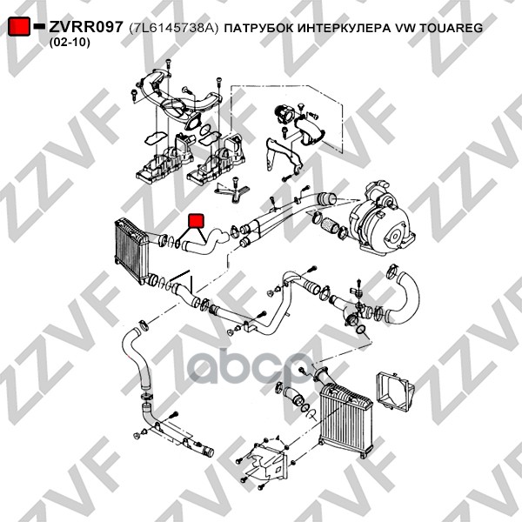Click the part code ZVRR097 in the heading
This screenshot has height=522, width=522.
[x=86, y=27]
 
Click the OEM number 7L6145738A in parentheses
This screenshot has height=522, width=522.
[x=174, y=28]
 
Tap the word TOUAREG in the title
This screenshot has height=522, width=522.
[x=451, y=28]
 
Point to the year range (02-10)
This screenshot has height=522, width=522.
[x=70, y=43]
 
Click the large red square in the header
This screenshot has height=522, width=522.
[x=19, y=26]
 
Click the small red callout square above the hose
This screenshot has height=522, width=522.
[x=196, y=221]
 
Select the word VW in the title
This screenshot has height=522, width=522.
[x=405, y=28]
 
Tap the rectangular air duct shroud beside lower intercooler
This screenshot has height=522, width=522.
[x=395, y=392]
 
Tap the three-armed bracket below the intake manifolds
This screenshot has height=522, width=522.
[x=231, y=191]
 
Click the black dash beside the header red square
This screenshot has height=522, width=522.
[x=40, y=26]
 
